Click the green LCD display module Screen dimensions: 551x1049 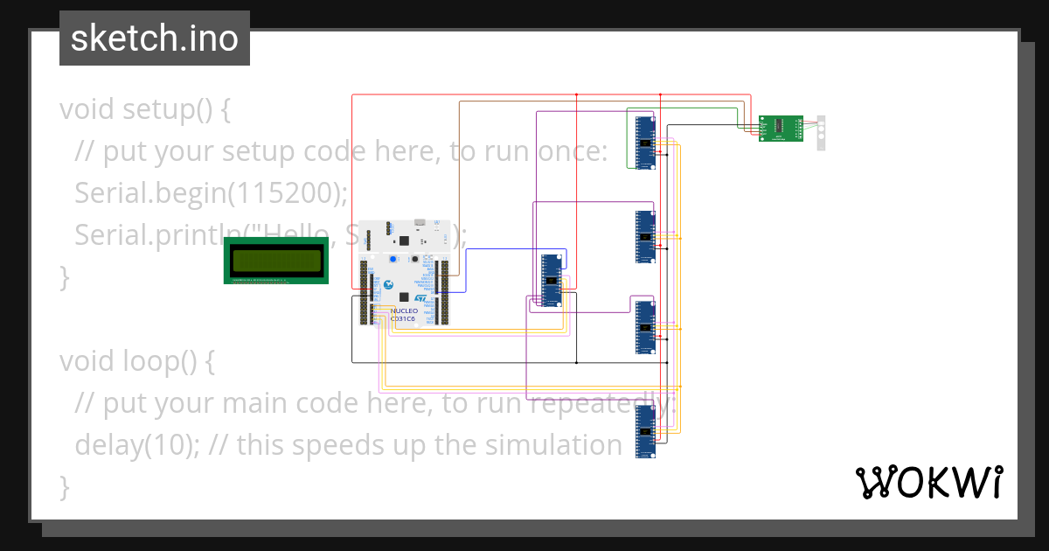276,261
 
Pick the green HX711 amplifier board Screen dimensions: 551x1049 780,129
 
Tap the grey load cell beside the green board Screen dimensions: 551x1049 821,132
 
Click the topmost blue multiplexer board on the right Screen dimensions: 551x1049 645,143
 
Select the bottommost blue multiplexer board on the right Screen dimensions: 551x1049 645,431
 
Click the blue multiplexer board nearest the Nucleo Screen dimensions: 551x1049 551,281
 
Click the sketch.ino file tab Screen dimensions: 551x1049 155,38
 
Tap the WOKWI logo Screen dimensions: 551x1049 928,482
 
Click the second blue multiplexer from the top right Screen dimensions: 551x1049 645,237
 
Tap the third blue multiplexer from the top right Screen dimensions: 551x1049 645,327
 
